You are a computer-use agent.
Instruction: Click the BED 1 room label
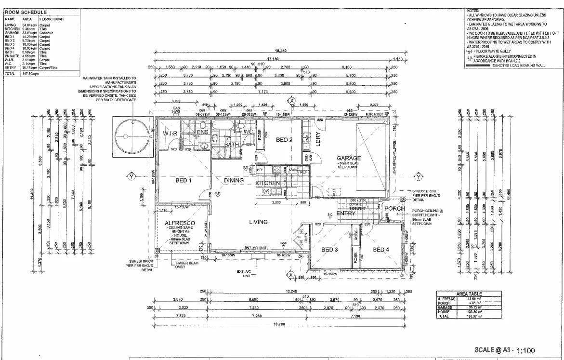[184, 180]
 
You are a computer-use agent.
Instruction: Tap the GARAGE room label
[349, 158]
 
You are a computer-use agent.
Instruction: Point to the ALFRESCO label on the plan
[179, 223]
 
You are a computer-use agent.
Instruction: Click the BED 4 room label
[381, 249]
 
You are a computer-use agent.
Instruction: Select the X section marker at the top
[291, 101]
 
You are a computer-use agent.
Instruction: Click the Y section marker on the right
[419, 176]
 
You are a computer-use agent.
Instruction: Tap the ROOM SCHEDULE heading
[26, 11]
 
